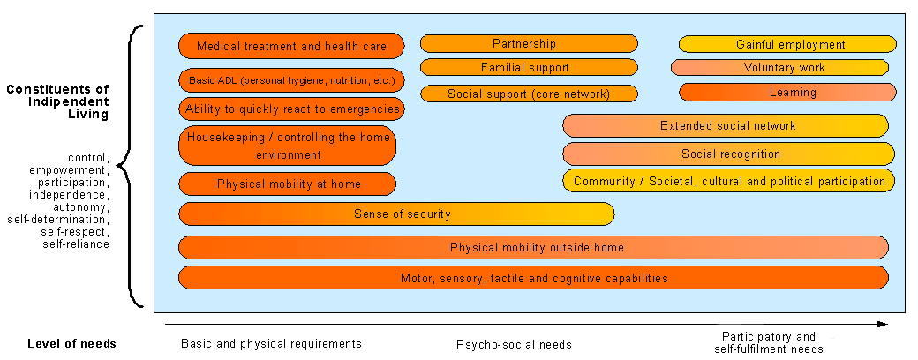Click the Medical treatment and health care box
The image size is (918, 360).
(291, 46)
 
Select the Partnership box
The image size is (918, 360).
(529, 43)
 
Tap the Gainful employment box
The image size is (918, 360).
(787, 44)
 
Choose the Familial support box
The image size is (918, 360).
(529, 67)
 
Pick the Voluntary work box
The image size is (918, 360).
(779, 67)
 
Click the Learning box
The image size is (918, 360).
(787, 92)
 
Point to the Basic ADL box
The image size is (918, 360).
(291, 80)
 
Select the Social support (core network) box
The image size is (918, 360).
(529, 94)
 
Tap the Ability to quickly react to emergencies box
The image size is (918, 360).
(291, 109)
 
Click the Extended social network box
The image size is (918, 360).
(726, 125)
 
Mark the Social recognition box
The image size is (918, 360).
(728, 154)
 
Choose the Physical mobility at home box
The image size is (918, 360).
(288, 184)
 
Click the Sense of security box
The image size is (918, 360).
(396, 214)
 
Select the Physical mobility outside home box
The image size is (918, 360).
(533, 247)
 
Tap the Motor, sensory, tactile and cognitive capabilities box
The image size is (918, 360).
(533, 277)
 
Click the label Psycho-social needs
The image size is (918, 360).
(514, 344)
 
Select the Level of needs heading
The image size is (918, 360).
(71, 343)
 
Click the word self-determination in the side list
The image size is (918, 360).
(57, 220)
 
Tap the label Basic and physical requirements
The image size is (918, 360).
(271, 343)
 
